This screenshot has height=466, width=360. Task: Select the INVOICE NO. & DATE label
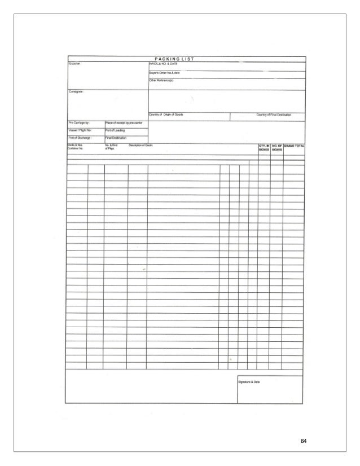pyautogui.click(x=163, y=64)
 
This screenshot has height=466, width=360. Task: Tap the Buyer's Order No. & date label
pyautogui.click(x=165, y=73)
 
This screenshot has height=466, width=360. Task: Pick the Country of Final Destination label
pyautogui.click(x=274, y=115)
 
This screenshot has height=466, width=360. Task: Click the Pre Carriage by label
pyautogui.click(x=80, y=122)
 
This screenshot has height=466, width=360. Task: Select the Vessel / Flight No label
pyautogui.click(x=80, y=130)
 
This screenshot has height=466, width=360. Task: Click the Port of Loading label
pyautogui.click(x=116, y=130)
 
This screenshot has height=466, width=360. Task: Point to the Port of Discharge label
pyautogui.click(x=80, y=138)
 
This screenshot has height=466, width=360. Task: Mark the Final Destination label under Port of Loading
pyautogui.click(x=116, y=138)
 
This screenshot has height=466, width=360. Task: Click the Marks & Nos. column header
pyautogui.click(x=76, y=145)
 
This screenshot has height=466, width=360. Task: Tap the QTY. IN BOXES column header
pyautogui.click(x=264, y=148)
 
